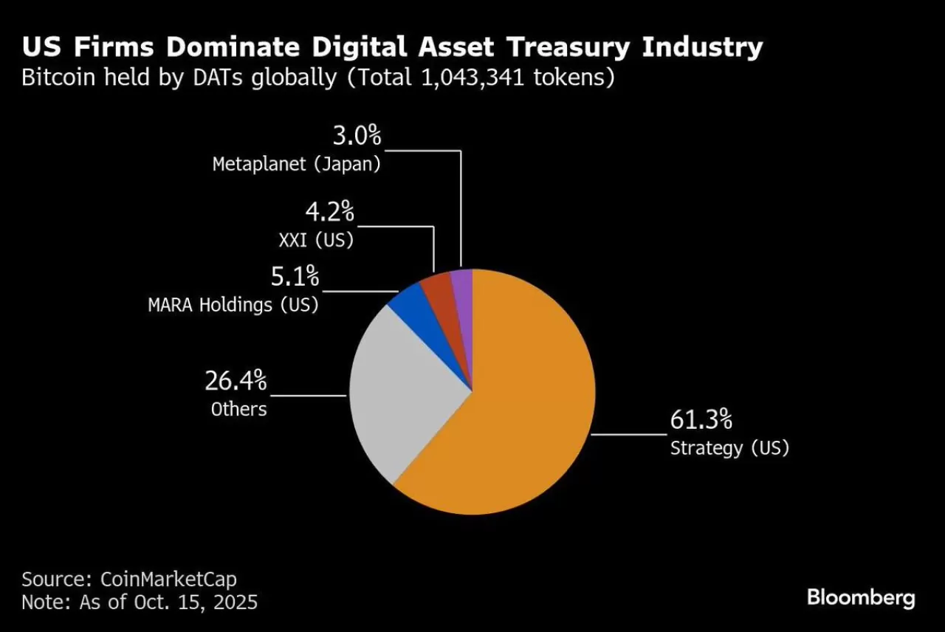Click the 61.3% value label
pyautogui.click(x=701, y=420)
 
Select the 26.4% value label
pyautogui.click(x=236, y=382)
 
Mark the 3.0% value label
pyautogui.click(x=356, y=136)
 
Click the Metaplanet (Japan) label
pyautogui.click(x=297, y=164)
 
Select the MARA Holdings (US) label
pyautogui.click(x=233, y=304)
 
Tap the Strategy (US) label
pyautogui.click(x=729, y=447)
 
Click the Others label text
pyautogui.click(x=238, y=408)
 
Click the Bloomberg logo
pyautogui.click(x=861, y=597)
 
